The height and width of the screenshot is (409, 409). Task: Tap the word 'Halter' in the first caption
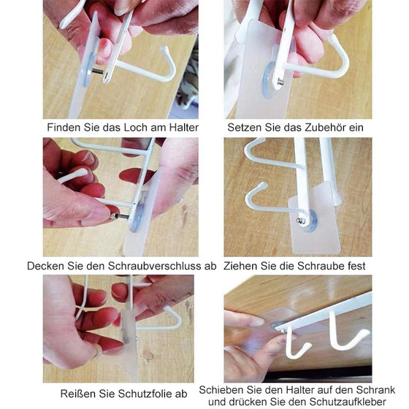(181, 127)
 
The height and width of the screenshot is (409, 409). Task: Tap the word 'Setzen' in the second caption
(245, 127)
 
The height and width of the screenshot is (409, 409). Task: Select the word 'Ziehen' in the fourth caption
(241, 266)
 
